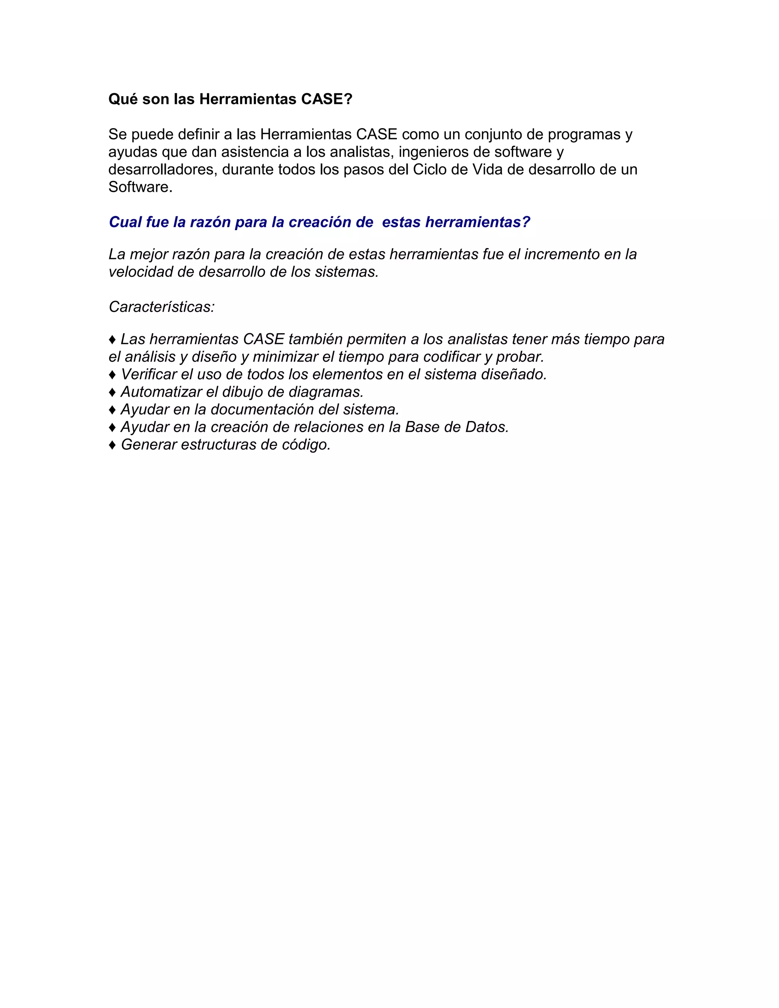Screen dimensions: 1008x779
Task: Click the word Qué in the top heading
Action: (123, 99)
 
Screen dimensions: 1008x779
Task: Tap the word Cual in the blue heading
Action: (125, 222)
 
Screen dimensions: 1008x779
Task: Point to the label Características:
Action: (162, 307)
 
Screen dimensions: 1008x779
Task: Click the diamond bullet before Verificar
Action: (112, 375)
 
